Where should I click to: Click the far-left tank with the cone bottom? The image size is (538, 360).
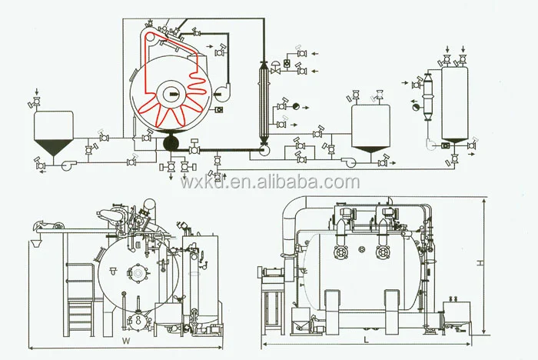[53, 131]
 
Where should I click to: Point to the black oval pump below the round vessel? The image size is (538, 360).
[171, 142]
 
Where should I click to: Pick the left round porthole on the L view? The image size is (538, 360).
[340, 253]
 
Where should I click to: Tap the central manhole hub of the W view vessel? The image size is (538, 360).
[139, 273]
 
